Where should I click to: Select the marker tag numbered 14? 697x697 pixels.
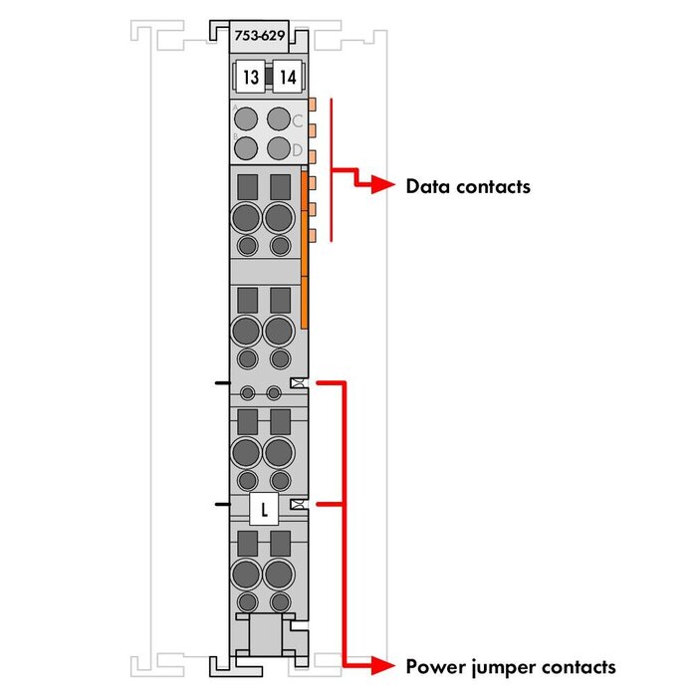click(x=286, y=76)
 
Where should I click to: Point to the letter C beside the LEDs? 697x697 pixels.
click(x=297, y=121)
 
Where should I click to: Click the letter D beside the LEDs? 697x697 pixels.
click(x=297, y=150)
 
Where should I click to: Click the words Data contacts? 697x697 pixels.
click(x=468, y=186)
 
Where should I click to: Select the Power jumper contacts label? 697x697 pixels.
click(x=511, y=666)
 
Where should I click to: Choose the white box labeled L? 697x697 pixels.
click(x=264, y=510)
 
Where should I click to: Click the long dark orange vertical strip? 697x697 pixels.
click(x=304, y=249)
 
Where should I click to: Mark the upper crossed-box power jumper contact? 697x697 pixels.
click(x=297, y=382)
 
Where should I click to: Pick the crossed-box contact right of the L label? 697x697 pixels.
click(x=297, y=506)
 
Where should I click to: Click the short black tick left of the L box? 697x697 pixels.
click(x=221, y=506)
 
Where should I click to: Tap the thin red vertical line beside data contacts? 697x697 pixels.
click(x=331, y=169)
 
